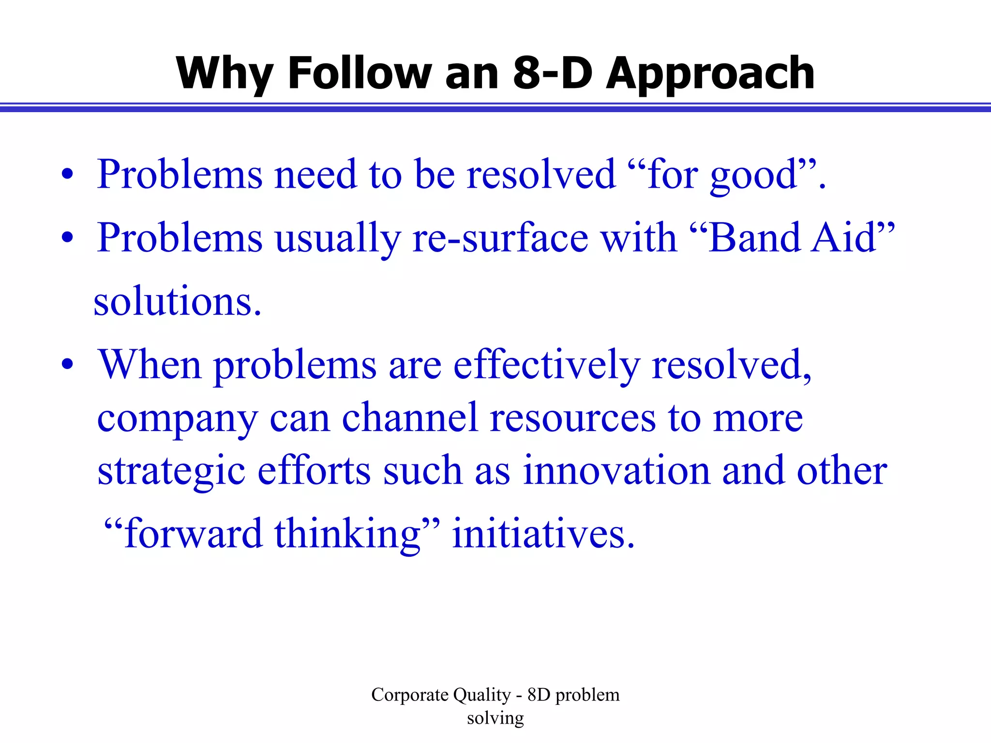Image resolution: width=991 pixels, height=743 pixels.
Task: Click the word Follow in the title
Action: click(359, 74)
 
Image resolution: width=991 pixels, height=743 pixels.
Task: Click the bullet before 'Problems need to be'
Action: click(67, 175)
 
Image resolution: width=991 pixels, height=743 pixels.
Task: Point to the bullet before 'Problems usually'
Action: click(67, 238)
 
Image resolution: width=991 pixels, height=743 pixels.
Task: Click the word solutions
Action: click(177, 302)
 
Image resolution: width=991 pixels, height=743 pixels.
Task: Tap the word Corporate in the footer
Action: click(410, 695)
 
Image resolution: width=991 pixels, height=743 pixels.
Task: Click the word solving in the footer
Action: click(495, 719)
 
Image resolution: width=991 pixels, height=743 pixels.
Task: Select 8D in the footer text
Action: click(539, 695)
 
